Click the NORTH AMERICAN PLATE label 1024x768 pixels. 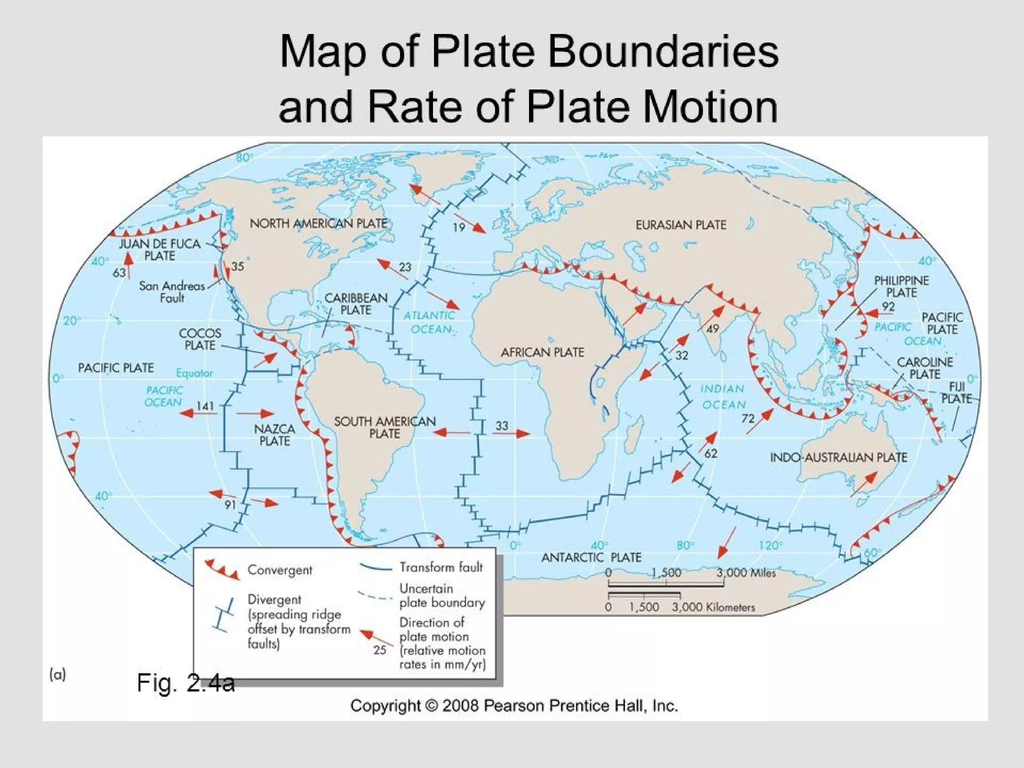pyautogui.click(x=318, y=223)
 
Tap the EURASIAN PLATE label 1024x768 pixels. pyautogui.click(x=680, y=225)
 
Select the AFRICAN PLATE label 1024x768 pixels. pyautogui.click(x=542, y=352)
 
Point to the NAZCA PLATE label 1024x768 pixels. pyautogui.click(x=274, y=435)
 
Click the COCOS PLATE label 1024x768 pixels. pyautogui.click(x=200, y=339)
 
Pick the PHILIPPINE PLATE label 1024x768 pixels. pyautogui.click(x=901, y=286)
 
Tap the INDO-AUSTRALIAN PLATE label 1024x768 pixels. pyautogui.click(x=838, y=457)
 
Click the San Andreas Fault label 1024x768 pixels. pyautogui.click(x=172, y=292)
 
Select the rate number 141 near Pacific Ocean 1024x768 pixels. pyautogui.click(x=205, y=406)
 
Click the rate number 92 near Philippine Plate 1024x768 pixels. pyautogui.click(x=888, y=306)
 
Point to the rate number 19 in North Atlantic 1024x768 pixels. pyautogui.click(x=459, y=227)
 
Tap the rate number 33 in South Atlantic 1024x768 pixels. pyautogui.click(x=501, y=425)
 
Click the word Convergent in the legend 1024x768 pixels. pyautogui.click(x=279, y=570)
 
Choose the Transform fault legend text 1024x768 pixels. pyautogui.click(x=441, y=567)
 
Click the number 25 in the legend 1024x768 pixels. pyautogui.click(x=380, y=650)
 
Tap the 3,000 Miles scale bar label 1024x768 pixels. pyautogui.click(x=745, y=573)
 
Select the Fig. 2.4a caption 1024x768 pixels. pyautogui.click(x=185, y=683)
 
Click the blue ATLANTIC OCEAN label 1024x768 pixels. pyautogui.click(x=429, y=322)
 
